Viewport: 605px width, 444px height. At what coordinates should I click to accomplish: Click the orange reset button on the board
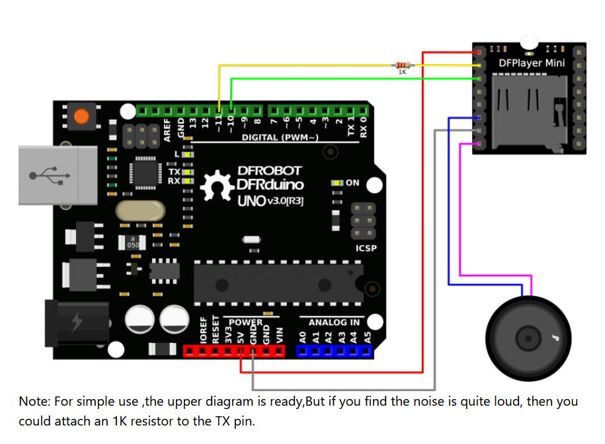pyautogui.click(x=81, y=117)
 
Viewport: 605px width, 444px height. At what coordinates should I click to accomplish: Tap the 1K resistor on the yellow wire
pyautogui.click(x=402, y=65)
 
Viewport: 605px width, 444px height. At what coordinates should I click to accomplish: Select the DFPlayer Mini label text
pyautogui.click(x=532, y=63)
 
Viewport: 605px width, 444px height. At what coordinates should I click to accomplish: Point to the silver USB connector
pyautogui.click(x=58, y=175)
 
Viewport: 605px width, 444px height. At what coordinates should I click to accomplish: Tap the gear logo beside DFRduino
pyautogui.click(x=216, y=186)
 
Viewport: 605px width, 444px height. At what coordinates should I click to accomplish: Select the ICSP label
pyautogui.click(x=366, y=248)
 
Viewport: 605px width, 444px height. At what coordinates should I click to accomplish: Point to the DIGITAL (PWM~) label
pyautogui.click(x=280, y=137)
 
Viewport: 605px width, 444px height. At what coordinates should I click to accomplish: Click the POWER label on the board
pyautogui.click(x=246, y=322)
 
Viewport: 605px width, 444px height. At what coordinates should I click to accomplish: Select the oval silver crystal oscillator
pyautogui.click(x=139, y=211)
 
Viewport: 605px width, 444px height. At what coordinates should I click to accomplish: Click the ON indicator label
pyautogui.click(x=352, y=183)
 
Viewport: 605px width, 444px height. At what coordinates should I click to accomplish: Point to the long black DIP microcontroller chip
pyautogui.click(x=278, y=279)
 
